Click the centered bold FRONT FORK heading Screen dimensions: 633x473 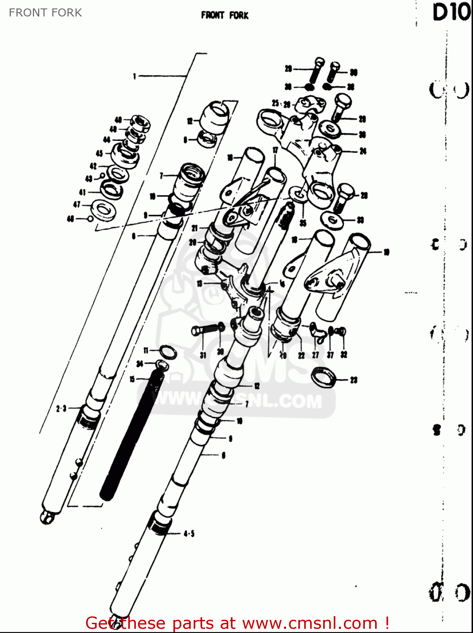225,16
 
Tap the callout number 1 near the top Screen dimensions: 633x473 135,76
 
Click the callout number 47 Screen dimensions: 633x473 77,205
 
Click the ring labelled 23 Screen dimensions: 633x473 324,376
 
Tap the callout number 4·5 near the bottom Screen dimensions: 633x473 189,534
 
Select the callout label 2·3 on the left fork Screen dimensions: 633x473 61,408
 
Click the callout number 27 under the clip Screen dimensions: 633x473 316,355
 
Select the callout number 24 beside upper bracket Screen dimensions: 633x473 363,151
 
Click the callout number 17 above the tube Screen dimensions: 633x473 275,150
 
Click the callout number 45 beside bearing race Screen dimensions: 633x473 99,154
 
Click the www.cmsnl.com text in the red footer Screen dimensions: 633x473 310,623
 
